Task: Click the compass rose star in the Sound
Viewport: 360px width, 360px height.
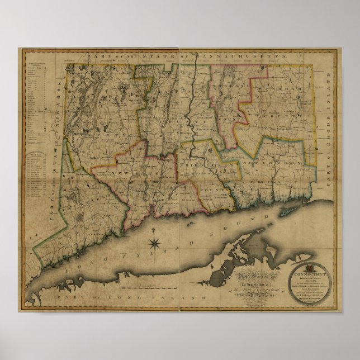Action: [x=156, y=243]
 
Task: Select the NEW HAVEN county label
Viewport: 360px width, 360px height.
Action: [x=131, y=174]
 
